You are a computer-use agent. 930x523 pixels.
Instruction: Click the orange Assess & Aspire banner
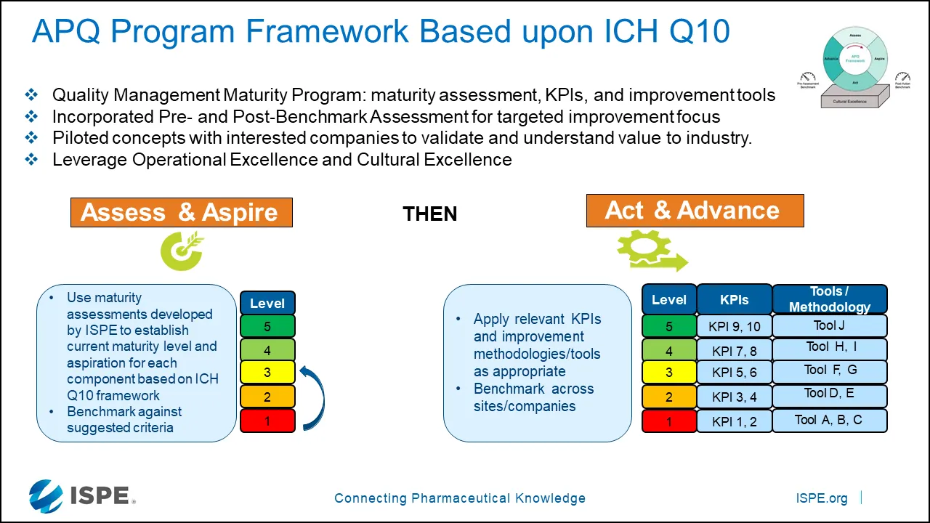(x=181, y=212)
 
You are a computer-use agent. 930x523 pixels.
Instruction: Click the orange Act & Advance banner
(x=695, y=211)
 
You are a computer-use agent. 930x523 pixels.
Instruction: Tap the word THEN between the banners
(x=429, y=214)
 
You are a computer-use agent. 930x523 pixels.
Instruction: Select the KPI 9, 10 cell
(x=734, y=326)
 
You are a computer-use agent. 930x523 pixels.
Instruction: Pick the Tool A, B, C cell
(x=829, y=421)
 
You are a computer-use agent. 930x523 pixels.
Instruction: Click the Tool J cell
(x=829, y=325)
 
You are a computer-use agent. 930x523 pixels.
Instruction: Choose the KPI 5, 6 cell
(x=734, y=373)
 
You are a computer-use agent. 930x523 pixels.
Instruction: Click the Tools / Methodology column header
(x=829, y=299)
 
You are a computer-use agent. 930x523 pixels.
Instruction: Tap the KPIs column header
(x=734, y=299)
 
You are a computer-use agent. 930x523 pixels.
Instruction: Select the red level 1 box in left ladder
(x=267, y=421)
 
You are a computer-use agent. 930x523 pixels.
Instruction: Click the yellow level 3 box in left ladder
(x=267, y=373)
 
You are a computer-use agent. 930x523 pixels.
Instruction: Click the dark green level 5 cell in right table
(x=668, y=326)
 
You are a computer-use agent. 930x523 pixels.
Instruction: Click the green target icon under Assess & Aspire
(x=182, y=251)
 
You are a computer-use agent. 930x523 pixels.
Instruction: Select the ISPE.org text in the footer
(x=822, y=498)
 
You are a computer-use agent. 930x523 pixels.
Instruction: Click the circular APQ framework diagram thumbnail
(x=854, y=59)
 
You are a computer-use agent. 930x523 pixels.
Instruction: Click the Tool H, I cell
(x=829, y=349)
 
